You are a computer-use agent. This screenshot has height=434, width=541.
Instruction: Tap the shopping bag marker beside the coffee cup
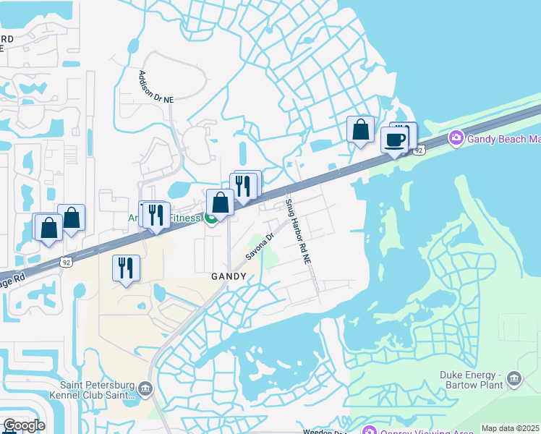click(x=360, y=130)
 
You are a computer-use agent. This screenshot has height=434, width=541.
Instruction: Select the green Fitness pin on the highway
click(x=210, y=218)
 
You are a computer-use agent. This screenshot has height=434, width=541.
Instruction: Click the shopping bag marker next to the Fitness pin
click(x=221, y=203)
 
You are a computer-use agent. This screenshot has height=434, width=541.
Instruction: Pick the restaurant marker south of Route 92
click(x=126, y=268)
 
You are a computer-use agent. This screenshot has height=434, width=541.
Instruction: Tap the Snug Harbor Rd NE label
click(x=298, y=231)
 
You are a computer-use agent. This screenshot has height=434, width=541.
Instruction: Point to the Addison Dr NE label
click(x=156, y=86)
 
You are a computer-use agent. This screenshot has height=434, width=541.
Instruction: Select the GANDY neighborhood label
click(x=229, y=276)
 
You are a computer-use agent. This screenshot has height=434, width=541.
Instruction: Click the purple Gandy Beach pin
click(x=456, y=137)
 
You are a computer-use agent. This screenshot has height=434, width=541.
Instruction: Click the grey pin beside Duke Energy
click(x=514, y=378)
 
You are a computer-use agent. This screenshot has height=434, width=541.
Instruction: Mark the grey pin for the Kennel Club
click(x=144, y=390)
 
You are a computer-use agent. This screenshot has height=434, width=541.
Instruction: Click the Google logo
click(x=25, y=425)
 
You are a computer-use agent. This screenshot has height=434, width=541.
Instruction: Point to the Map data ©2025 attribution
click(x=510, y=428)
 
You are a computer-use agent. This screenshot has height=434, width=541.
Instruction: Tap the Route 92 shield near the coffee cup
click(x=419, y=149)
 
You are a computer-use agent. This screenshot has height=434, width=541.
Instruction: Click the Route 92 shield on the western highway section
click(x=67, y=261)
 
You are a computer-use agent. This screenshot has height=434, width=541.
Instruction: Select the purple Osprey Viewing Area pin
click(x=369, y=431)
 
